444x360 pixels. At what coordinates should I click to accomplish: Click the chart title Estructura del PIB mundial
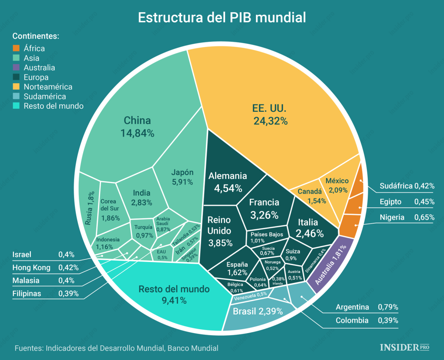[x=222, y=17]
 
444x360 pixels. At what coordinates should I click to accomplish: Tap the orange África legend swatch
[x=16, y=49]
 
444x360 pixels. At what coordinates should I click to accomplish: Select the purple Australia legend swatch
[x=16, y=68]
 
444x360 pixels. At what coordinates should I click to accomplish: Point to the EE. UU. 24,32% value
[x=271, y=121]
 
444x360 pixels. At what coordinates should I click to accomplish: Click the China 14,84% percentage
[x=137, y=133]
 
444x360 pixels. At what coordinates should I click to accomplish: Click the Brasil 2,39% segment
[x=258, y=311]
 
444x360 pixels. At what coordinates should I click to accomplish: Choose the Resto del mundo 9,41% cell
[x=174, y=295]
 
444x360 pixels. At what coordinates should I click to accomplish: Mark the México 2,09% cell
[x=336, y=185]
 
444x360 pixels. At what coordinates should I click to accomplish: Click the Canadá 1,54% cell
[x=310, y=195]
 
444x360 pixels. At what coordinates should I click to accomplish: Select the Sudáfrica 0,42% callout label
[x=406, y=186]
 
